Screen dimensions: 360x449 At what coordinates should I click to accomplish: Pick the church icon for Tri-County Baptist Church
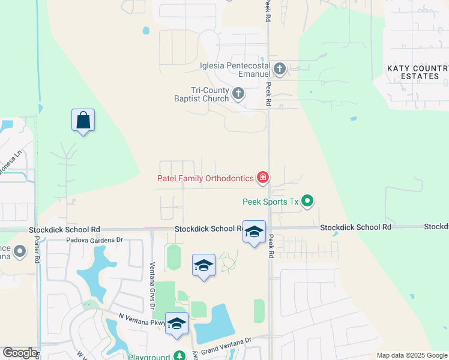(x=238, y=94)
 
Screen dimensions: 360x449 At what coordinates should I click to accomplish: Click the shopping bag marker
(x=83, y=121)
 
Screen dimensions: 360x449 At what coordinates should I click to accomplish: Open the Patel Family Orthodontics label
(x=205, y=178)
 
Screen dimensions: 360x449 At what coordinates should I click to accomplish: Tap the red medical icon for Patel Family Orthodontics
(x=262, y=178)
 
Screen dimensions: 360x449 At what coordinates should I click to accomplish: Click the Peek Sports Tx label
(x=270, y=202)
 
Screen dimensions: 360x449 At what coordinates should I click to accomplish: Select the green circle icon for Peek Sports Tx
(x=307, y=201)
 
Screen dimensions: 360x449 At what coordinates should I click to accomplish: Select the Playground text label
(x=149, y=356)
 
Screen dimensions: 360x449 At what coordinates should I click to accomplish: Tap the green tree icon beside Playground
(x=178, y=356)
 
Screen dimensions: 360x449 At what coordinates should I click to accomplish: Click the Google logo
(x=20, y=353)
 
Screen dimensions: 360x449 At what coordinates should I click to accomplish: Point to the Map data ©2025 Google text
(x=411, y=355)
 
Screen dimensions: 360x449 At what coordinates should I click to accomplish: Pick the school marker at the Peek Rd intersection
(x=254, y=232)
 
